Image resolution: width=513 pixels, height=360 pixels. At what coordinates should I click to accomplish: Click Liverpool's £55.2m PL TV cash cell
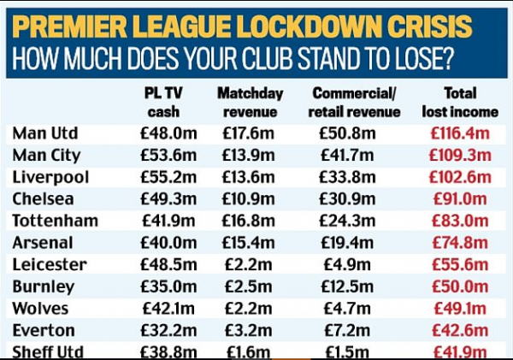coord(161,177)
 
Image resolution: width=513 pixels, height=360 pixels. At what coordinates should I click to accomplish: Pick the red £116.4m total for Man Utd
coord(460,133)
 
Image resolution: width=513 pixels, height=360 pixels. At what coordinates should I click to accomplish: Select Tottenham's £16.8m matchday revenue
coord(248,221)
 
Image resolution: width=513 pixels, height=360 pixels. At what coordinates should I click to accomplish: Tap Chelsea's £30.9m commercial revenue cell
coord(347,198)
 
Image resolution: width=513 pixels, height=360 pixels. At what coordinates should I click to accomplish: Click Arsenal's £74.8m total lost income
coord(460,242)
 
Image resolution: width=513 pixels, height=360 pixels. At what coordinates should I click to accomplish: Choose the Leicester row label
coord(50,264)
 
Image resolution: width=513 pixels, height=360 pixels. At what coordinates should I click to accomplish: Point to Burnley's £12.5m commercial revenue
coord(347,286)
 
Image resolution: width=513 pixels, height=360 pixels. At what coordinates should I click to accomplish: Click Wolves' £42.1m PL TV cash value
coord(161,308)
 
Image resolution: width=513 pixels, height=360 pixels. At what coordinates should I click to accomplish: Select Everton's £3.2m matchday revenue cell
coord(248,329)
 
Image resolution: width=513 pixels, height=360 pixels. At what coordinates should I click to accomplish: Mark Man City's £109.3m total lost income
coord(460,155)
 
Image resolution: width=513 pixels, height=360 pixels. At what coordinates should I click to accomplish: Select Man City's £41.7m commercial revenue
coord(347,155)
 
